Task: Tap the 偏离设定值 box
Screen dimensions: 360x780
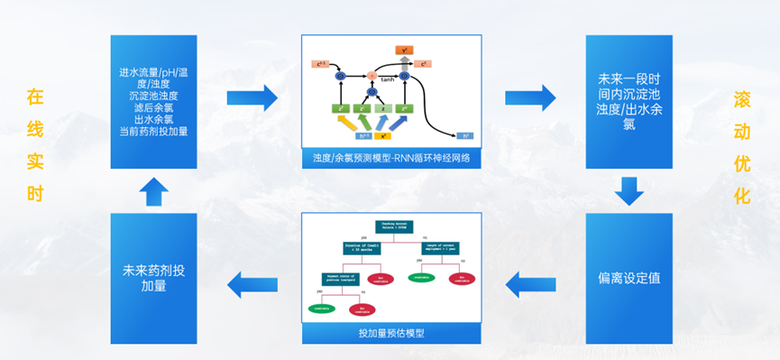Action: point(629,277)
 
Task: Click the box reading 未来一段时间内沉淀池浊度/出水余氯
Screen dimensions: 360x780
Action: point(629,101)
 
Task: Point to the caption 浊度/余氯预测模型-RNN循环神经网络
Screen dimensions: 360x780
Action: point(391,159)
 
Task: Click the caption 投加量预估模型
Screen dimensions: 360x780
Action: point(391,333)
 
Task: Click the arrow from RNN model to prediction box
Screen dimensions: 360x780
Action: point(530,96)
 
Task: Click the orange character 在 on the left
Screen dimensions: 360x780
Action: point(34,95)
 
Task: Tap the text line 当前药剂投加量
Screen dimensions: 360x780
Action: point(153,131)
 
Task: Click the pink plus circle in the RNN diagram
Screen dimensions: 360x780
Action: point(370,76)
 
